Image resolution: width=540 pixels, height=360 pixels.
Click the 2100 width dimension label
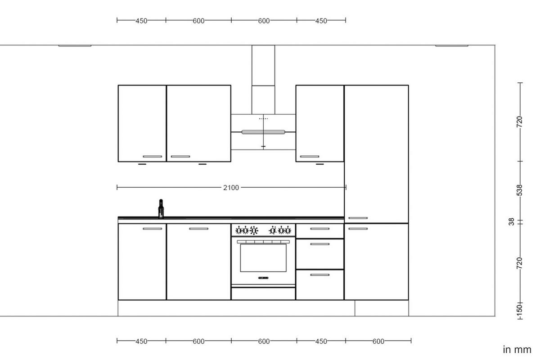pyautogui.click(x=231, y=188)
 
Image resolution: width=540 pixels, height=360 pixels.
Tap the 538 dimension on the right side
pyautogui.click(x=520, y=190)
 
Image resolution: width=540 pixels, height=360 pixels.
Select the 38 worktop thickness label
pyautogui.click(x=512, y=222)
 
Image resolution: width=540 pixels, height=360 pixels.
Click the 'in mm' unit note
pyautogui.click(x=517, y=350)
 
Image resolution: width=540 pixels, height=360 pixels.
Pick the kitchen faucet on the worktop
pyautogui.click(x=161, y=209)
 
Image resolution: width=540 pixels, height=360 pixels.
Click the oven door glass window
pyautogui.click(x=263, y=258)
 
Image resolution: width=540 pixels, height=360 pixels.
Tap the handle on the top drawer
pyautogui.click(x=319, y=229)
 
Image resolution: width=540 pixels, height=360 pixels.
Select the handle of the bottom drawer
pyautogui.click(x=319, y=274)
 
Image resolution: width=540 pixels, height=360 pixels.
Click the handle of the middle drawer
pyautogui.click(x=319, y=244)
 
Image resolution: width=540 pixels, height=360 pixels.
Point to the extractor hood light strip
pyautogui.click(x=263, y=132)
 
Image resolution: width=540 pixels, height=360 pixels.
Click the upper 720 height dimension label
pyautogui.click(x=520, y=121)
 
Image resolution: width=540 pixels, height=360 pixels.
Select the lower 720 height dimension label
pyautogui.click(x=520, y=263)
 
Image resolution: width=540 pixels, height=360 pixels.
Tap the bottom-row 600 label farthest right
pyautogui.click(x=378, y=341)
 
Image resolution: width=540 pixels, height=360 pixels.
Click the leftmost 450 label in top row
pyautogui.click(x=141, y=20)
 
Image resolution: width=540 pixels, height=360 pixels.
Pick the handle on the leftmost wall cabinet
pyautogui.click(x=152, y=157)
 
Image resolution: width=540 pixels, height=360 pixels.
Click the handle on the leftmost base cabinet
pyautogui.click(x=152, y=229)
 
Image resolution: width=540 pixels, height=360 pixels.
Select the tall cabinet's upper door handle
pyautogui.click(x=358, y=218)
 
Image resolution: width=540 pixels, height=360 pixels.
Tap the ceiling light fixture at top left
pyautogui.click(x=75, y=45)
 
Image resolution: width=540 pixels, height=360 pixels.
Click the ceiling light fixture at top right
pyautogui.click(x=451, y=45)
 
